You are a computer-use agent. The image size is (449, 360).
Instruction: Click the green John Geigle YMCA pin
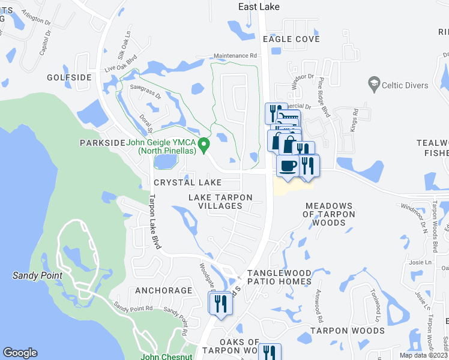click(x=204, y=144)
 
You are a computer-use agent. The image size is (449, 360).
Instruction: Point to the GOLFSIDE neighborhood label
click(x=69, y=77)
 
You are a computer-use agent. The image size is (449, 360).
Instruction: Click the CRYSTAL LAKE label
click(x=187, y=182)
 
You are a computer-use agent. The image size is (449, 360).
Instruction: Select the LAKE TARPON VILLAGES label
click(x=220, y=202)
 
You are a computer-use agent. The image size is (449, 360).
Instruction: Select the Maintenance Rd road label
click(x=235, y=56)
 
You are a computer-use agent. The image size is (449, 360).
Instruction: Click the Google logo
click(x=20, y=353)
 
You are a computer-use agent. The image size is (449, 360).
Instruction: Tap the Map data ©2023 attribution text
click(x=423, y=355)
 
